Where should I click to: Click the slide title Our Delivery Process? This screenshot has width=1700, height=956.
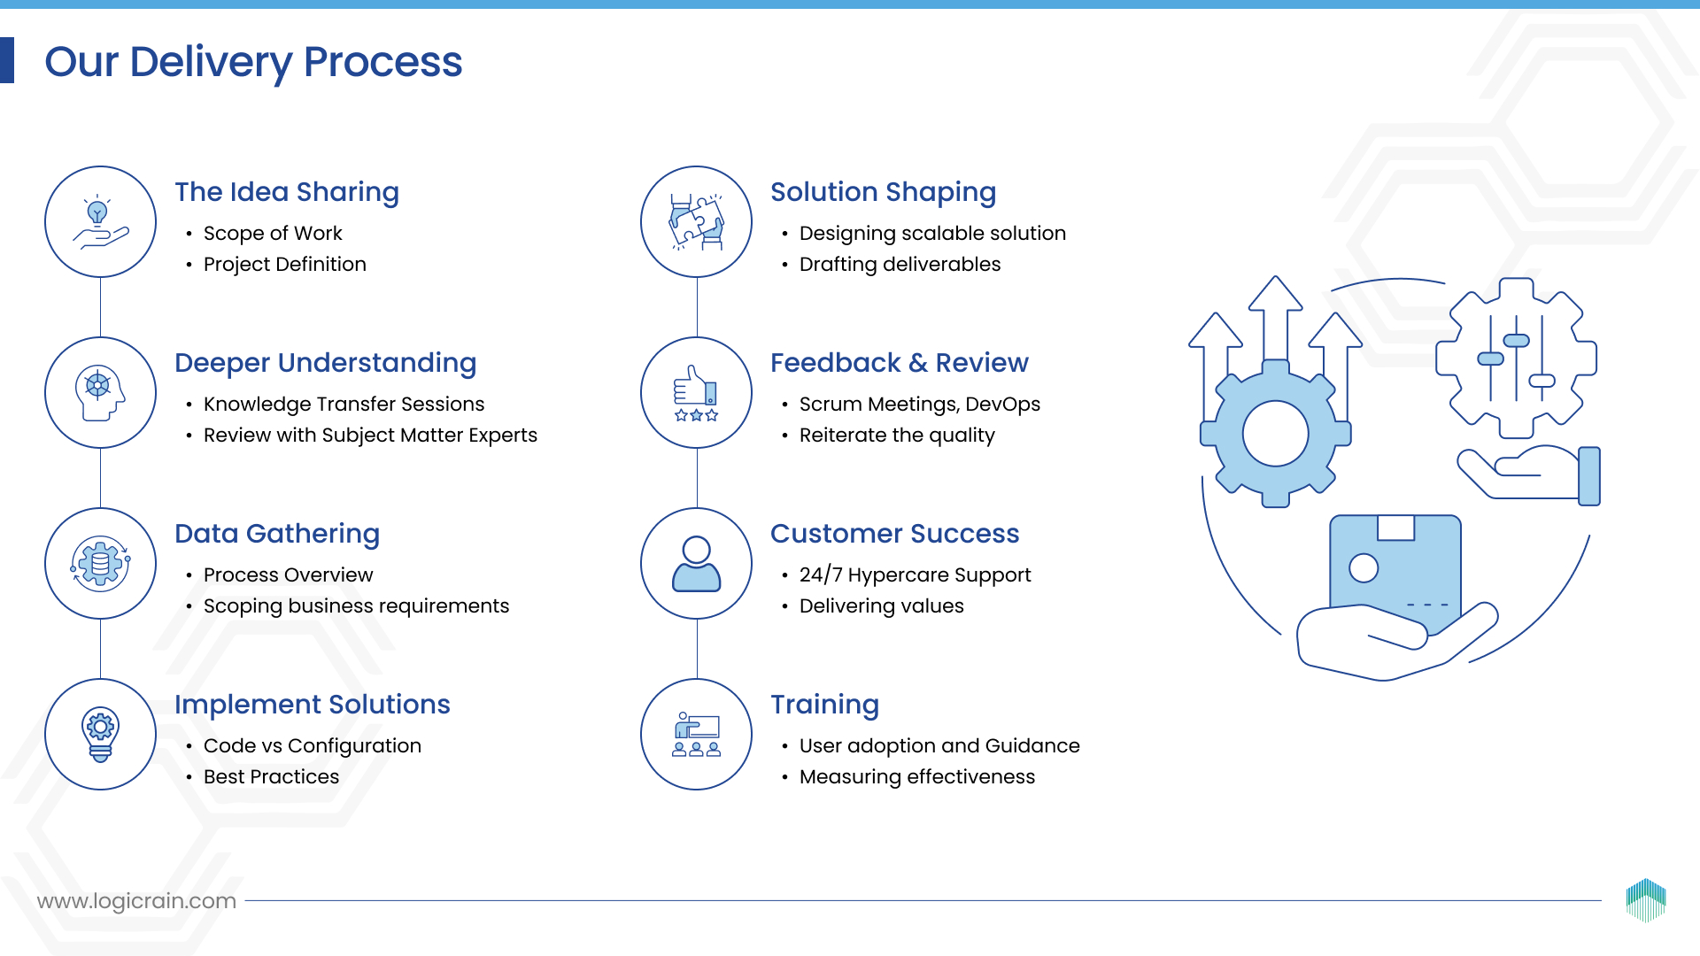pyautogui.click(x=253, y=62)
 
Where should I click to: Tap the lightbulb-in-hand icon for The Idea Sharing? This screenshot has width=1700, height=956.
pyautogui.click(x=101, y=221)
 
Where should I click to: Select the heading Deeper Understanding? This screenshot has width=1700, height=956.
pyautogui.click(x=325, y=363)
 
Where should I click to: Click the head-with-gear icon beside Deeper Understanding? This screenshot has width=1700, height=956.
pyautogui.click(x=101, y=392)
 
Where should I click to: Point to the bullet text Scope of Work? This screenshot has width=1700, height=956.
pyautogui.click(x=273, y=233)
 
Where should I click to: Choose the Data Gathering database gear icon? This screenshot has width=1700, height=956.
pyautogui.click(x=101, y=563)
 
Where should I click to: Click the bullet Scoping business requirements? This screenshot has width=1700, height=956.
pyautogui.click(x=356, y=606)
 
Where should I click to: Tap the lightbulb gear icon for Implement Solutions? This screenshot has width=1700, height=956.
pyautogui.click(x=101, y=734)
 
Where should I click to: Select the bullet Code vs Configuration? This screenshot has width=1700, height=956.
pyautogui.click(x=313, y=746)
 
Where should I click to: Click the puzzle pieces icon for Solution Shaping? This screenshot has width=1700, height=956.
pyautogui.click(x=697, y=221)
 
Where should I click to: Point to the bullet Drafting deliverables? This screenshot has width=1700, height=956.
pyautogui.click(x=900, y=265)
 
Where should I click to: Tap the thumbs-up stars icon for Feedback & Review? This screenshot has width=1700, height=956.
pyautogui.click(x=697, y=392)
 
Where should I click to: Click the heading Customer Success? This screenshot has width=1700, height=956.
pyautogui.click(x=894, y=534)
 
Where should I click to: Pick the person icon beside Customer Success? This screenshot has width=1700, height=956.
pyautogui.click(x=697, y=563)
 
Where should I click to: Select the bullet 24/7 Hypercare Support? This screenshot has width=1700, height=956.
pyautogui.click(x=915, y=575)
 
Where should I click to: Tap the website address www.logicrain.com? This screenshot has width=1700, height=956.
pyautogui.click(x=136, y=901)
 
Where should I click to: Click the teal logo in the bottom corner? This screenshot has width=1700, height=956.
pyautogui.click(x=1646, y=899)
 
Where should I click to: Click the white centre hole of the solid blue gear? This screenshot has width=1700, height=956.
pyautogui.click(x=1275, y=434)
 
